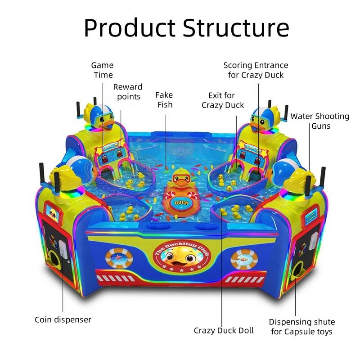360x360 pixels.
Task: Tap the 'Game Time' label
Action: click(x=103, y=70)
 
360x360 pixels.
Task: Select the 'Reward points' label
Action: click(x=128, y=91)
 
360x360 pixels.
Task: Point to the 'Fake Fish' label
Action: click(x=164, y=99)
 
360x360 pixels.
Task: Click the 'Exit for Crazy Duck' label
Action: click(x=223, y=100)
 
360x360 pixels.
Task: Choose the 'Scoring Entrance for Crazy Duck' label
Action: click(x=256, y=70)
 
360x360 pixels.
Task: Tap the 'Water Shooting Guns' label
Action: click(x=319, y=121)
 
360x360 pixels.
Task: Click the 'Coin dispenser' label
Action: click(x=63, y=319)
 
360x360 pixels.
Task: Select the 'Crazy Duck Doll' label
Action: click(x=224, y=330)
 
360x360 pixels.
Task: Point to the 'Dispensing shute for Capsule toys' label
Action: click(x=301, y=327)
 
